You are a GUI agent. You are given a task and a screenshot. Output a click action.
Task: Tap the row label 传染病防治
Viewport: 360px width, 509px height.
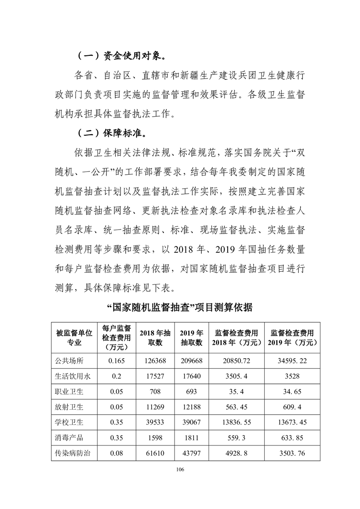(x=72, y=453)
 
